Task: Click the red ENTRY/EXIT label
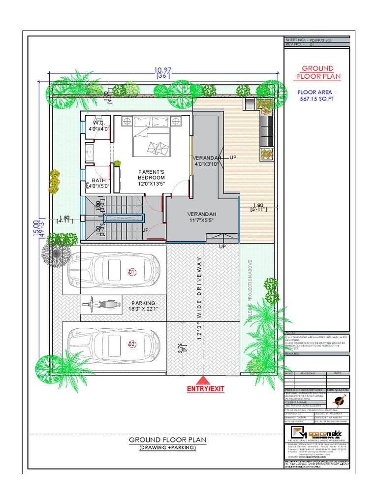point(205,389)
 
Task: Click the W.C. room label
point(97,126)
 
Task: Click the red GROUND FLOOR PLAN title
point(317,72)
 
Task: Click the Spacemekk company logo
point(317,434)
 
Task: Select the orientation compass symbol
point(339,400)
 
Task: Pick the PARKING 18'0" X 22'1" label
point(143,306)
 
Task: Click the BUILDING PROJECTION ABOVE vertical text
point(250,290)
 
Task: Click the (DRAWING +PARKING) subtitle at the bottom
point(167,447)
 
